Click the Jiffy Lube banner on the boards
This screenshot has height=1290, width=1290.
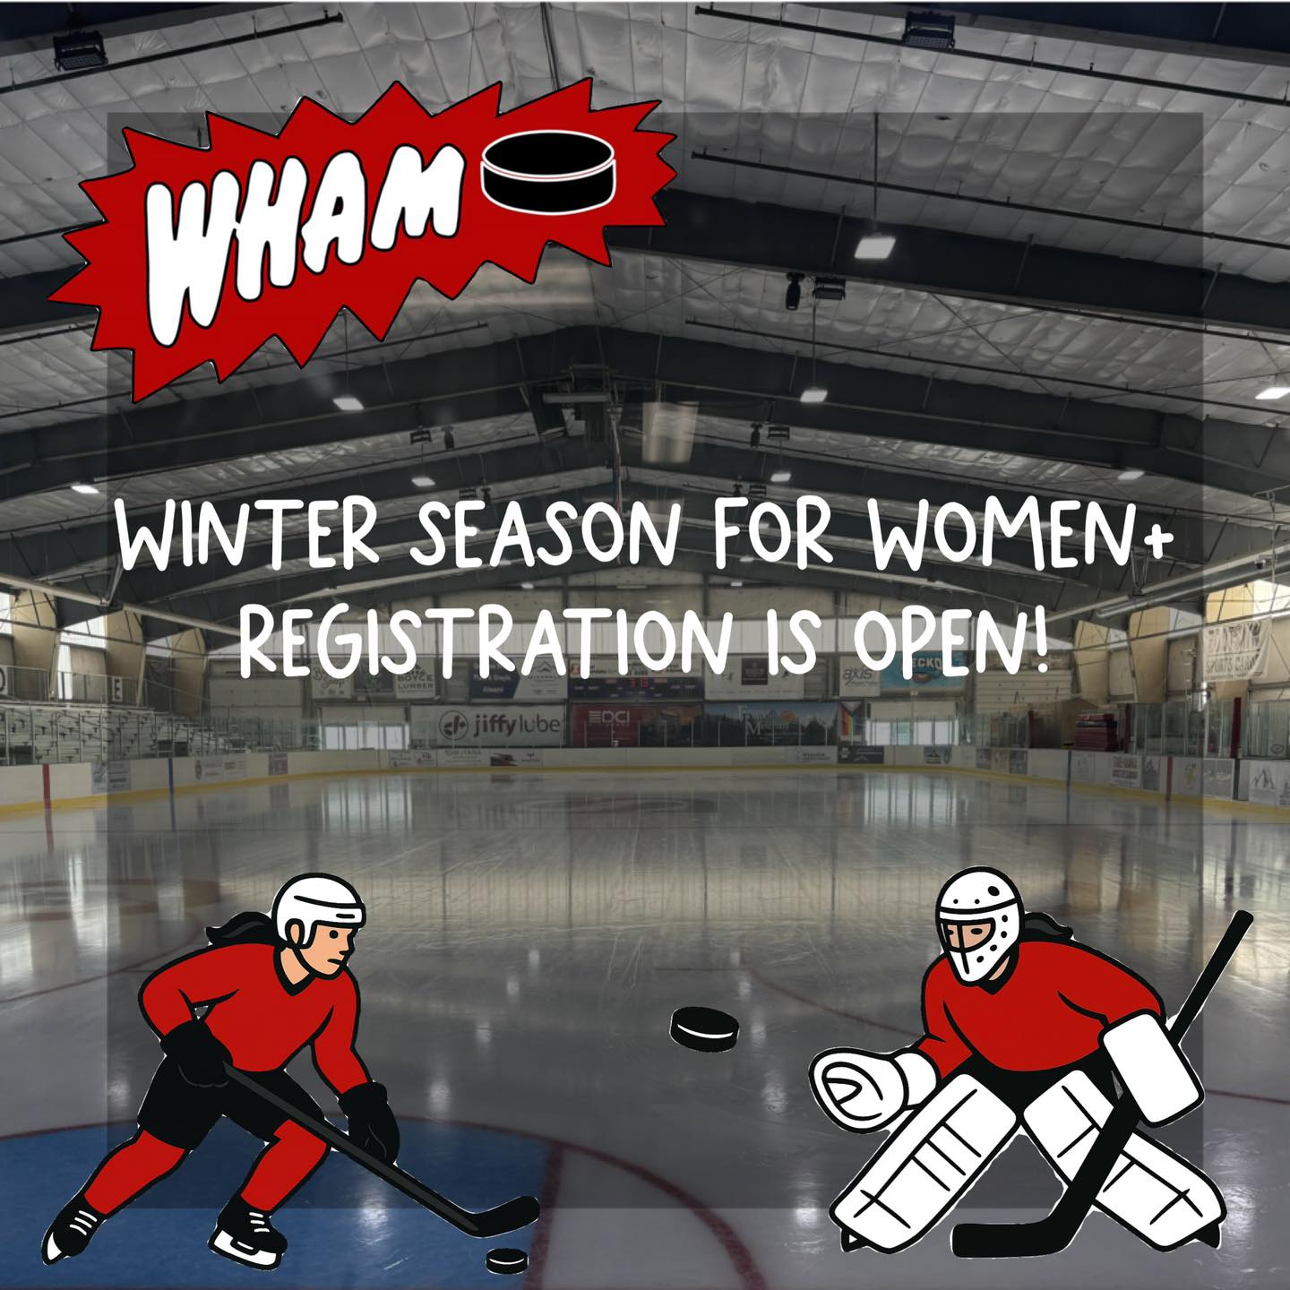point(500,723)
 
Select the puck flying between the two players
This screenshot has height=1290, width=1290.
point(704,1028)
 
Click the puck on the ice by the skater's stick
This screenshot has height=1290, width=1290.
point(506,1259)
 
